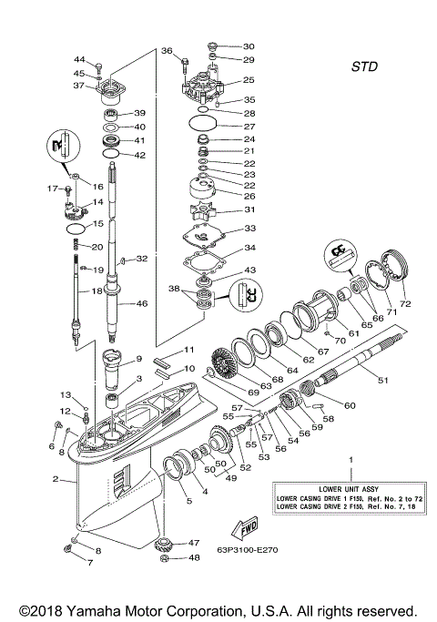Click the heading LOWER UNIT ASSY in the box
click(341, 489)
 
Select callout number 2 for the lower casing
click(56, 479)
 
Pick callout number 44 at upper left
click(79, 59)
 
